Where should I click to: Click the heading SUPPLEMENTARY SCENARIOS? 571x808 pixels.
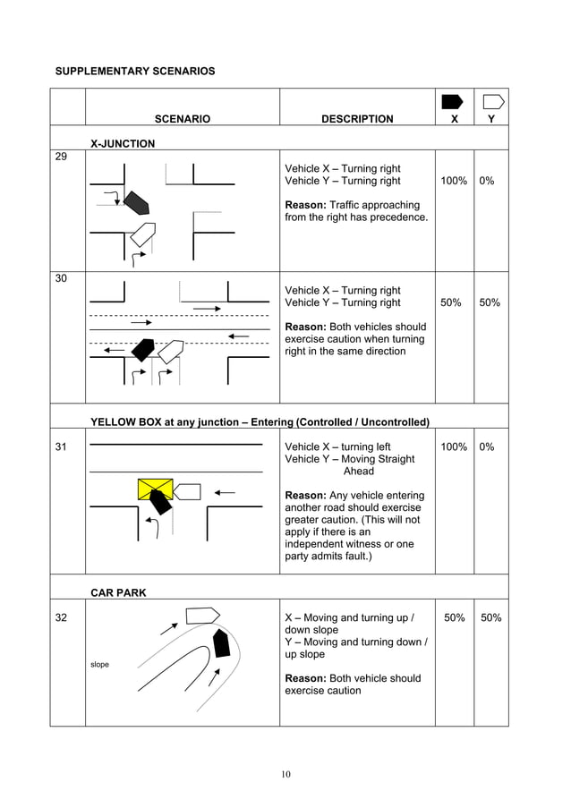135,71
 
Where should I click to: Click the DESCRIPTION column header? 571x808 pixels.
356,119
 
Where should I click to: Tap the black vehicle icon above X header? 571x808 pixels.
453,101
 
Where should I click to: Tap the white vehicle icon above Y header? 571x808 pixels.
492,101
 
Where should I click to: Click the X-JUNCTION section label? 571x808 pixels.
123,143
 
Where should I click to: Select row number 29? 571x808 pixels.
61,157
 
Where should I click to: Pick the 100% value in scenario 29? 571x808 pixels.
454,181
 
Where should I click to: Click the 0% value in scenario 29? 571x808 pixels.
487,181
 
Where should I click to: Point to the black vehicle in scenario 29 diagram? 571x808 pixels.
135,203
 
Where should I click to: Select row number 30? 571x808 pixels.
61,278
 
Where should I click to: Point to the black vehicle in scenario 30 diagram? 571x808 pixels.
142,349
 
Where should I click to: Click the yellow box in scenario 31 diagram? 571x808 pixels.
155,489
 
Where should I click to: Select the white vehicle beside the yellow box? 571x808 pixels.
187,491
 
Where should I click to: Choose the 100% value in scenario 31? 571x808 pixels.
454,447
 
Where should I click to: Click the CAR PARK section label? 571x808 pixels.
118,592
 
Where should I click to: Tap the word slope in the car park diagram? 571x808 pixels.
100,664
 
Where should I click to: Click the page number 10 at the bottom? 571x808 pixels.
285,774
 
